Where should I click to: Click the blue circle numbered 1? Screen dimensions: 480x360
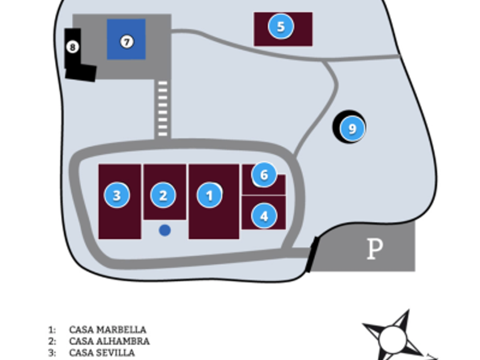point(210,195)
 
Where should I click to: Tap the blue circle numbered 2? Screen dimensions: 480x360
point(163,195)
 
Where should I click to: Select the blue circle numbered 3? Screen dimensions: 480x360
point(117,195)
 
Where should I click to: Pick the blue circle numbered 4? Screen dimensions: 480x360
point(264,216)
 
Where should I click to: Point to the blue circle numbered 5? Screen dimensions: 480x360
point(281,27)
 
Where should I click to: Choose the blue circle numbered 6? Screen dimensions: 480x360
point(264,174)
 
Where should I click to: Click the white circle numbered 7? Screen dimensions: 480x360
point(127,41)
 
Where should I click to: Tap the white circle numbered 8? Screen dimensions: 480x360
point(73,47)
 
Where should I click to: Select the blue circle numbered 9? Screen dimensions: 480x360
point(353,129)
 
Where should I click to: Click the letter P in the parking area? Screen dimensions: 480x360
point(375,249)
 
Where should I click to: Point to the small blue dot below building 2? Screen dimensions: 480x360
point(165,230)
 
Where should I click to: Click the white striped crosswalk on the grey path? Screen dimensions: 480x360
point(162,109)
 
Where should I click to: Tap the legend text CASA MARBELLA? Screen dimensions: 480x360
point(108,330)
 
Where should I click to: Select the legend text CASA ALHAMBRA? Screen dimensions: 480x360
point(109,341)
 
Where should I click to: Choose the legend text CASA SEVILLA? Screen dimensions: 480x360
point(102,353)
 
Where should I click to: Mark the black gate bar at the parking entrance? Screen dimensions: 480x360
point(312,254)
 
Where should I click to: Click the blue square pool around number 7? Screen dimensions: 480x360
point(126,39)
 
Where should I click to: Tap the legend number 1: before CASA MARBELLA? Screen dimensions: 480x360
point(52,330)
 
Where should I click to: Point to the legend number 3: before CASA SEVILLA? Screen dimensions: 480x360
point(52,353)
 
